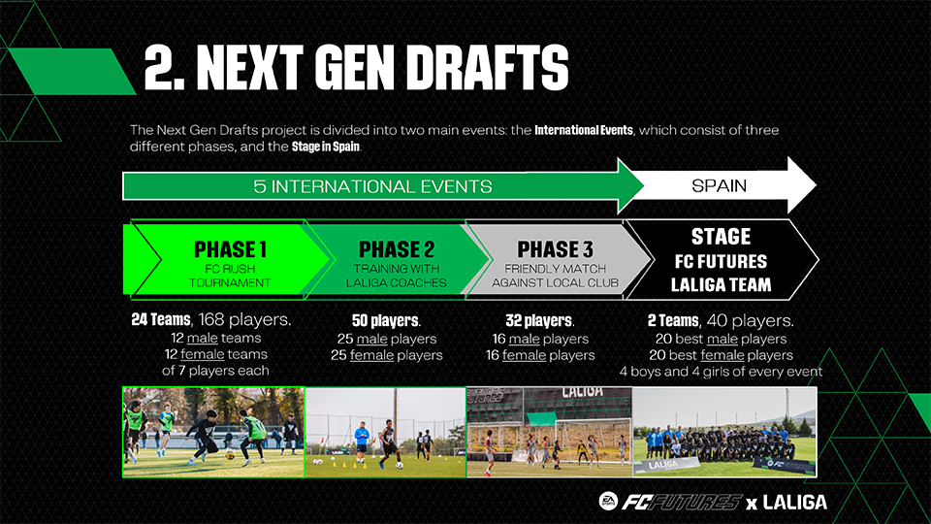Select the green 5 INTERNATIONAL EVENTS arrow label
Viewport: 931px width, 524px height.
(372, 186)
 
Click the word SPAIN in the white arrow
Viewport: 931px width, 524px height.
(719, 186)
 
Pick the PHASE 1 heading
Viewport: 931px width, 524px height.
(230, 249)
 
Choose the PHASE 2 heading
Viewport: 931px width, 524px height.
(397, 249)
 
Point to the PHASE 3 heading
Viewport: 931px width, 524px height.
(555, 249)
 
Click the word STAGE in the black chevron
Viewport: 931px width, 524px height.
(721, 237)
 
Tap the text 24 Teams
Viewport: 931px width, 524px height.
(161, 319)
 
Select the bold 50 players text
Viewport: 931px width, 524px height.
(386, 321)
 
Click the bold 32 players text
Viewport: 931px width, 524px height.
(540, 321)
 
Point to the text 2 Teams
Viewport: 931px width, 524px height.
(673, 321)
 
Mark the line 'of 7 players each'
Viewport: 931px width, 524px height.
(215, 371)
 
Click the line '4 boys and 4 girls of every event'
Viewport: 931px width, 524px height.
(721, 372)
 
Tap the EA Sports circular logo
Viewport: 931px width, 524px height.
(608, 502)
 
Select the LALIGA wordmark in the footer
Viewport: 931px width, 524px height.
(794, 503)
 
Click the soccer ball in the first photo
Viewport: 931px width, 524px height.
(230, 455)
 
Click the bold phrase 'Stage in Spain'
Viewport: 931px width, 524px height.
(326, 147)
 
